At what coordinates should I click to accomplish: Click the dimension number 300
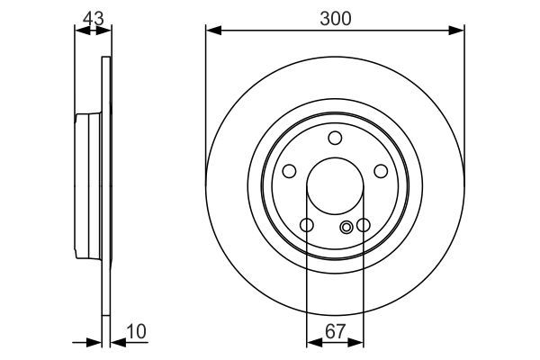pos(335,16)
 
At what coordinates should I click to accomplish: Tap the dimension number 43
pos(92,16)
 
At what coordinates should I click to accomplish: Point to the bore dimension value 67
pos(335,331)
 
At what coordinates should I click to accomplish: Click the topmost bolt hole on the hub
pos(335,138)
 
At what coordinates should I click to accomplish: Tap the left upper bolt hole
pos(290,171)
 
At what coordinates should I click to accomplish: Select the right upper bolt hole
pos(381,171)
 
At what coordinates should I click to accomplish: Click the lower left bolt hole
pos(307,225)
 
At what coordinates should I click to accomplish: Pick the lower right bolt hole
pos(364,225)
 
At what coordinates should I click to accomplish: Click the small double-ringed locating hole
pos(347,228)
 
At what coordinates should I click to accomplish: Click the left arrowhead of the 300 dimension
pos(212,31)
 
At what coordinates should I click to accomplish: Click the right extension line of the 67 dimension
pos(364,288)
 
